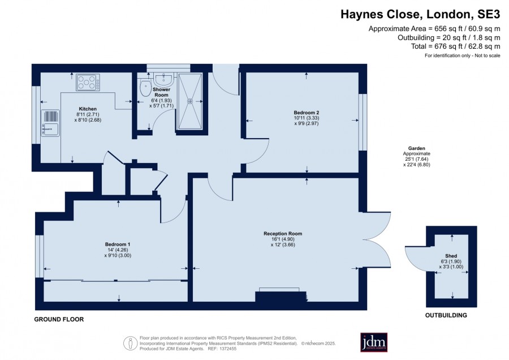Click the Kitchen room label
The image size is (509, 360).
88,109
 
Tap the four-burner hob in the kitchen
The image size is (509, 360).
88,83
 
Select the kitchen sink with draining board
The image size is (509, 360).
50,123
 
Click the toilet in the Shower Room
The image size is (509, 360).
145,88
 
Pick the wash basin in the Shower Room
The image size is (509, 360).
164,79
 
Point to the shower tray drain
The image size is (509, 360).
190,101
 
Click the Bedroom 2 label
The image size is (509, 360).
307,113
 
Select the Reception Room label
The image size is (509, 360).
283,234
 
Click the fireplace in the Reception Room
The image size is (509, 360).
281,295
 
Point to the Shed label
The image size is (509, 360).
451,256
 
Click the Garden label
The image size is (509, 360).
417,148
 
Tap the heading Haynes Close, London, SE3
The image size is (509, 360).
420,14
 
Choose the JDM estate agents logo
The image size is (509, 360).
374,342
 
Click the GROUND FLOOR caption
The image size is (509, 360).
59,319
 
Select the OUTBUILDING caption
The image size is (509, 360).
446,315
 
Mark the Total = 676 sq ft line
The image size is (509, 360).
455,46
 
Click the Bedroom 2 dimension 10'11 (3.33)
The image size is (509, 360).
307,118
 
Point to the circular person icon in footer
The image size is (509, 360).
130,343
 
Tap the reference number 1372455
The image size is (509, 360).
228,349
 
